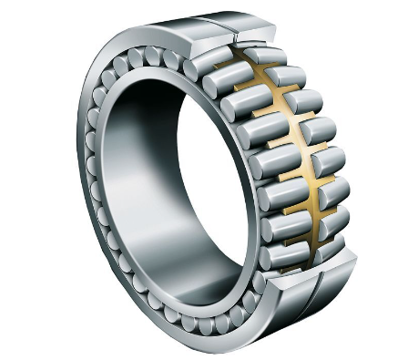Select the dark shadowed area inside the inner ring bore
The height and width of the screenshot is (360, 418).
coord(137,137)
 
